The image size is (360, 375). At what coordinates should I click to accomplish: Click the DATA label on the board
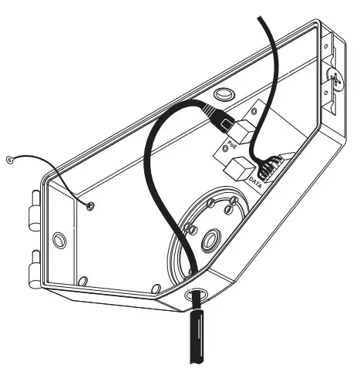pos(255,182)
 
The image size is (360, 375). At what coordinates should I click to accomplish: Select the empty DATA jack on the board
pos(238,165)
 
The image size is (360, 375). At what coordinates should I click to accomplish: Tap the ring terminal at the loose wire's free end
pos(8,160)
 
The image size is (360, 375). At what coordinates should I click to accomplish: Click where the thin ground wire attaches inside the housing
pos(91,205)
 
